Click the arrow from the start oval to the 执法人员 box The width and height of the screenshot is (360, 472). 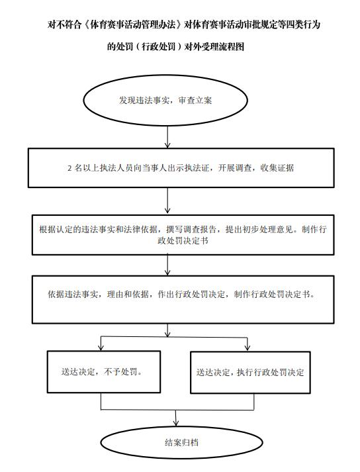click(167, 137)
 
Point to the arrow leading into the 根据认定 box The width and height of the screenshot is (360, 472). click(167, 201)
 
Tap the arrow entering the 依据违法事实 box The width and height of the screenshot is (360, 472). click(167, 265)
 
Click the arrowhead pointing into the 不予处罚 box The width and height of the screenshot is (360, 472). click(101, 348)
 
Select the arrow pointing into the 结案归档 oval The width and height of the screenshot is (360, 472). click(176, 418)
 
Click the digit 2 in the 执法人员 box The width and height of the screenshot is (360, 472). click(69, 168)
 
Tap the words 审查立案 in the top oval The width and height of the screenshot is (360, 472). click(195, 100)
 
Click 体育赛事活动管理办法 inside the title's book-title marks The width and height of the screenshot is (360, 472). click(133, 24)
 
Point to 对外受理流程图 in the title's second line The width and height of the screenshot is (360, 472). click(214, 46)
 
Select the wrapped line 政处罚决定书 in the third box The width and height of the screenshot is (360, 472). click(183, 241)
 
